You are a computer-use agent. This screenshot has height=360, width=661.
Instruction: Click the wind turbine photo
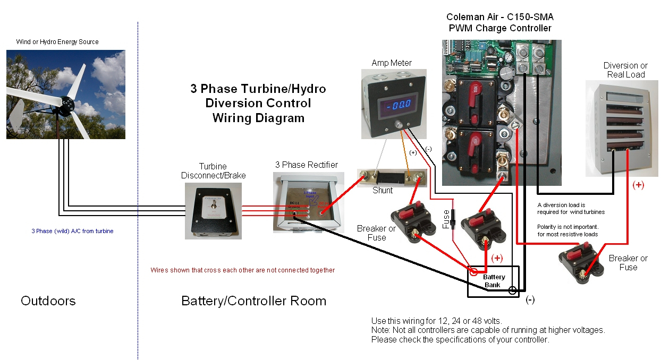[66, 95]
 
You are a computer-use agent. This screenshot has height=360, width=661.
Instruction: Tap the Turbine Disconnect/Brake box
[213, 210]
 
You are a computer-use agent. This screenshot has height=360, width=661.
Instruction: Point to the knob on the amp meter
[397, 126]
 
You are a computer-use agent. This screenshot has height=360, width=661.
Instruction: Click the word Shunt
[382, 190]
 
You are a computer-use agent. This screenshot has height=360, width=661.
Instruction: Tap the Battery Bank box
[493, 281]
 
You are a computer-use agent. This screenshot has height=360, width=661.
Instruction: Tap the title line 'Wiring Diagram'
[258, 118]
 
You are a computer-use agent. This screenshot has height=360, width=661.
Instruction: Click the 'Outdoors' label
[48, 301]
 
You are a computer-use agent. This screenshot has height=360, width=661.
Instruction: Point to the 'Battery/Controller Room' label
[253, 301]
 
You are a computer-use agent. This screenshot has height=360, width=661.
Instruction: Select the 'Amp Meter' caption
[392, 63]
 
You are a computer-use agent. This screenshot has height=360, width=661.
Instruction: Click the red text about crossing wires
[242, 270]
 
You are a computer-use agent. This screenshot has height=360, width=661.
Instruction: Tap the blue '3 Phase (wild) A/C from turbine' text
[72, 231]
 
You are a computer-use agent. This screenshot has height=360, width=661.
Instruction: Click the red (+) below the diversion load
[638, 185]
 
